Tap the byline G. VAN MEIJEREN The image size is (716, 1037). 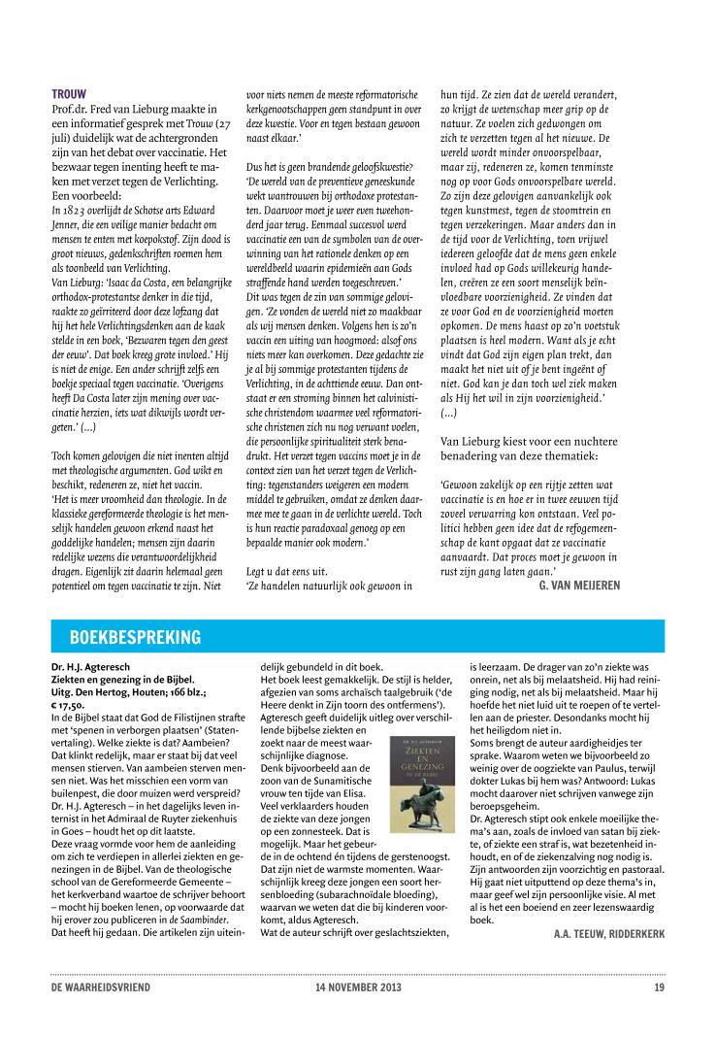tap(578, 585)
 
